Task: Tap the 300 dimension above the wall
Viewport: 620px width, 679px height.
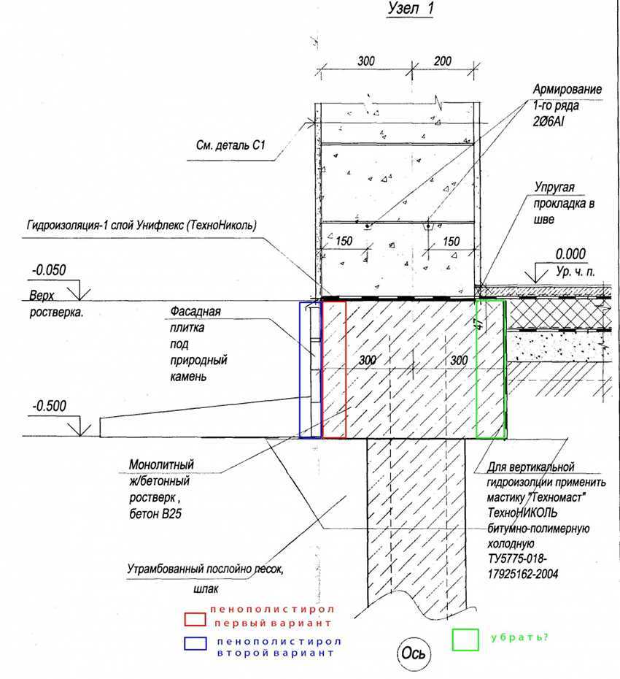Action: click(x=367, y=61)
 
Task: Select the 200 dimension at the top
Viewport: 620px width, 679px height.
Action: click(x=442, y=61)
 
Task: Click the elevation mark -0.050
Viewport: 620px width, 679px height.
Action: click(x=49, y=270)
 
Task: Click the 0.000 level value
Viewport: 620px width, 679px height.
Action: click(x=570, y=255)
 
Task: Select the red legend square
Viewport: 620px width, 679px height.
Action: click(x=195, y=619)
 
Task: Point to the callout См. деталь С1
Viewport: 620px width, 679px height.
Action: click(x=229, y=147)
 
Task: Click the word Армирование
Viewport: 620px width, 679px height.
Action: click(x=567, y=90)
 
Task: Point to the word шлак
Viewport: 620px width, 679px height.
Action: click(x=206, y=587)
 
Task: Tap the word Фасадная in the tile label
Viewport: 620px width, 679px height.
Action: click(x=195, y=312)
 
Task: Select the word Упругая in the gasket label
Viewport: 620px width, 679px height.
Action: click(x=553, y=188)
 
